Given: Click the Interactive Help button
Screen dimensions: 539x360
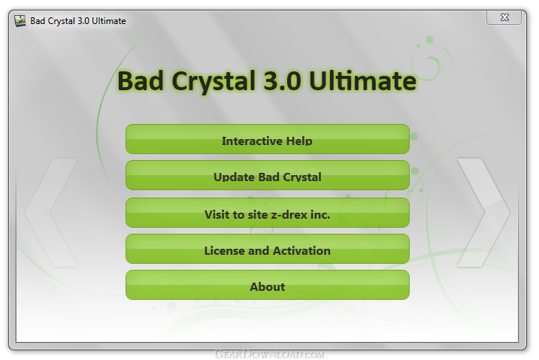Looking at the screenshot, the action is (x=268, y=139).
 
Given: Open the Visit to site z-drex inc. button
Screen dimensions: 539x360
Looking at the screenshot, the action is (x=268, y=213).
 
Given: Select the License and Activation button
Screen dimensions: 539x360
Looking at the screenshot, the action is (x=268, y=249).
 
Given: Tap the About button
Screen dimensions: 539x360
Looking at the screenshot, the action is (x=268, y=285).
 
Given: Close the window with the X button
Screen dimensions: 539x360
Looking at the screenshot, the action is (x=504, y=17).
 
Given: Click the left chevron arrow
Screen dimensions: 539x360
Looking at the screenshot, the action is (x=38, y=212).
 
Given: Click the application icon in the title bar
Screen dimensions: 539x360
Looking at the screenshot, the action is (x=20, y=21).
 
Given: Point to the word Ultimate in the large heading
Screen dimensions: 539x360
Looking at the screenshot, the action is (x=362, y=81).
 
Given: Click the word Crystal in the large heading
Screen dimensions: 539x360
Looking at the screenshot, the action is (x=213, y=82).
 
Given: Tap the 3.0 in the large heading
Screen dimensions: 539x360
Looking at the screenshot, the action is (x=282, y=81).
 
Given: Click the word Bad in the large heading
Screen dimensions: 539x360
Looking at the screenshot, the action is (x=141, y=81).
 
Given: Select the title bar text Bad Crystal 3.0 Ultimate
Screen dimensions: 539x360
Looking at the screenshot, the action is (x=78, y=21).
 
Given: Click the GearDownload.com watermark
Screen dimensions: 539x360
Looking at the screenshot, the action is (x=269, y=354).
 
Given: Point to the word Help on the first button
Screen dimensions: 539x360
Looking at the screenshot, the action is (x=299, y=141).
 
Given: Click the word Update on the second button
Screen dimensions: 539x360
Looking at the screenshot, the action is (x=235, y=177).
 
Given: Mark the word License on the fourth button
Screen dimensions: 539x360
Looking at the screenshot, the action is (x=225, y=251).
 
